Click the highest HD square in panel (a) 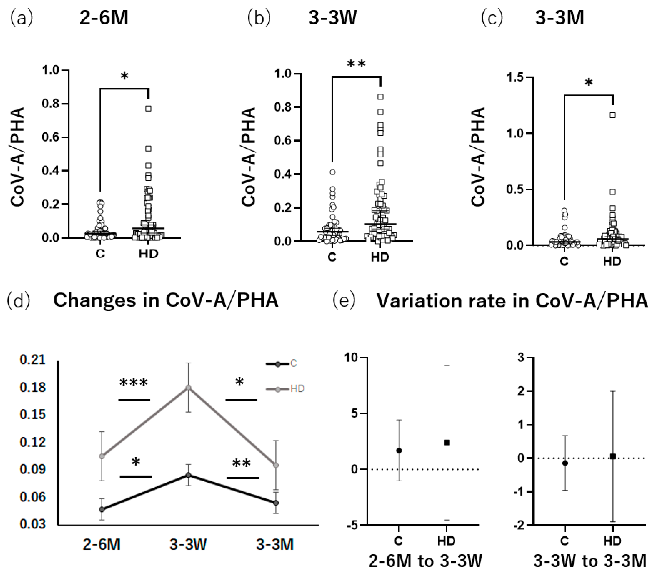tap(148, 109)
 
